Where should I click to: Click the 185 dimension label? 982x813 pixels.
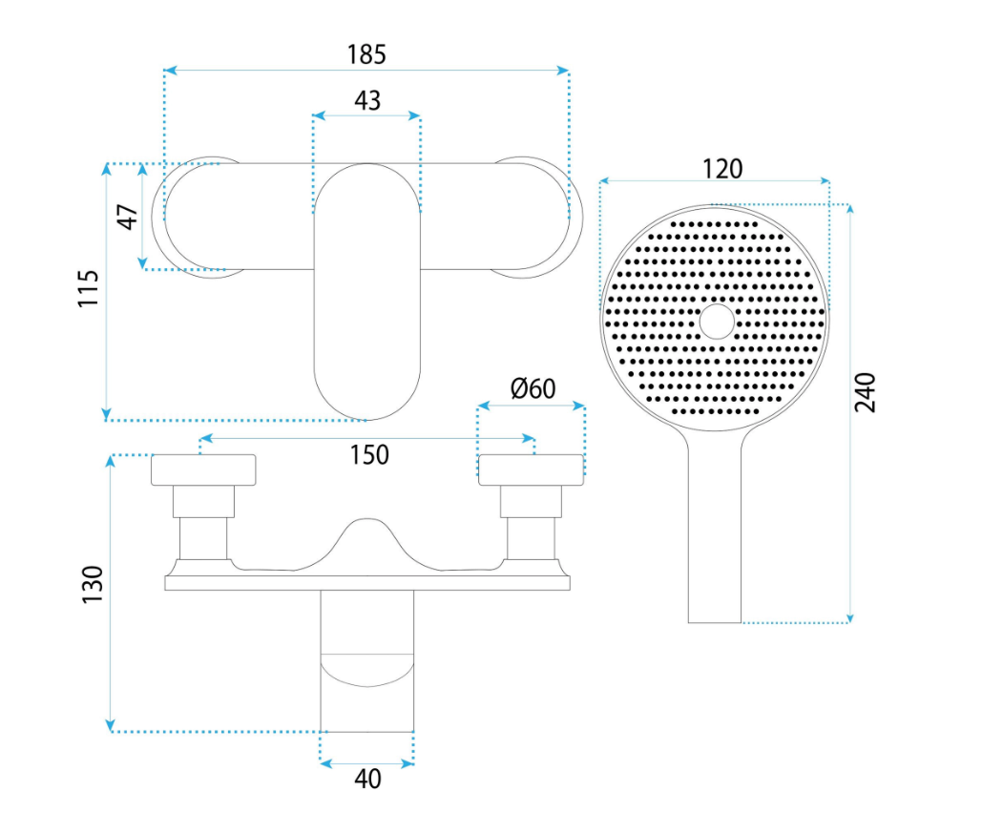coord(366,54)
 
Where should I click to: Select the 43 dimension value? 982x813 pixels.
coord(367,100)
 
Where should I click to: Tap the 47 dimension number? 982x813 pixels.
coord(128,217)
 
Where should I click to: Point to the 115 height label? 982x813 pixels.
coord(89,288)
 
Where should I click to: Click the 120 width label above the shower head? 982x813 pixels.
coord(722,169)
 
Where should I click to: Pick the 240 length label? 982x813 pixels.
coord(866,392)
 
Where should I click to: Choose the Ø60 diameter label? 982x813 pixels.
coord(533,389)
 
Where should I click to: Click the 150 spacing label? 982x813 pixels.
coord(369,455)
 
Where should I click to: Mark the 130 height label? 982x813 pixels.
coord(92,585)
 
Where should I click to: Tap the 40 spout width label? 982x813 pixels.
coord(367,780)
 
